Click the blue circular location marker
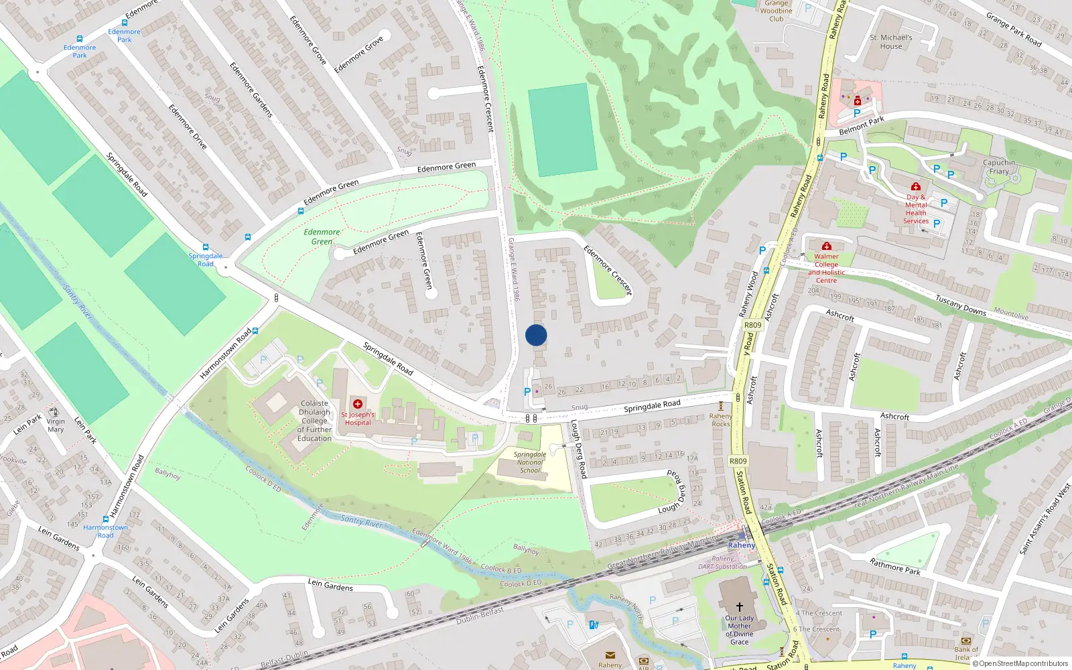tap(536, 335)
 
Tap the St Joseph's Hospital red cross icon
tap(358, 404)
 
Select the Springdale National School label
tap(530, 462)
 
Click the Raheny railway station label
tap(741, 545)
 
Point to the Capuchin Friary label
tap(999, 167)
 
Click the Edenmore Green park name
tap(322, 237)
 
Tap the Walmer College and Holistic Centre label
tap(826, 268)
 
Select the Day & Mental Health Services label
tap(916, 209)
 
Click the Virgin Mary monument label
tap(56, 425)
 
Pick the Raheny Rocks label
tap(721, 420)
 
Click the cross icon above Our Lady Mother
tap(740, 606)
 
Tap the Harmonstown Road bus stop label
tap(105, 531)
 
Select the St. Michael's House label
tap(890, 42)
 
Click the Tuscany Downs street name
tap(960, 306)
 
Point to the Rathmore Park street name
tap(894, 566)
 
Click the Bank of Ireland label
tap(965, 653)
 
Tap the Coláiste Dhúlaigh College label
tap(314, 421)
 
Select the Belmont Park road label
tap(862, 125)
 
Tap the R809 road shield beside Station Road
tap(738, 461)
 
